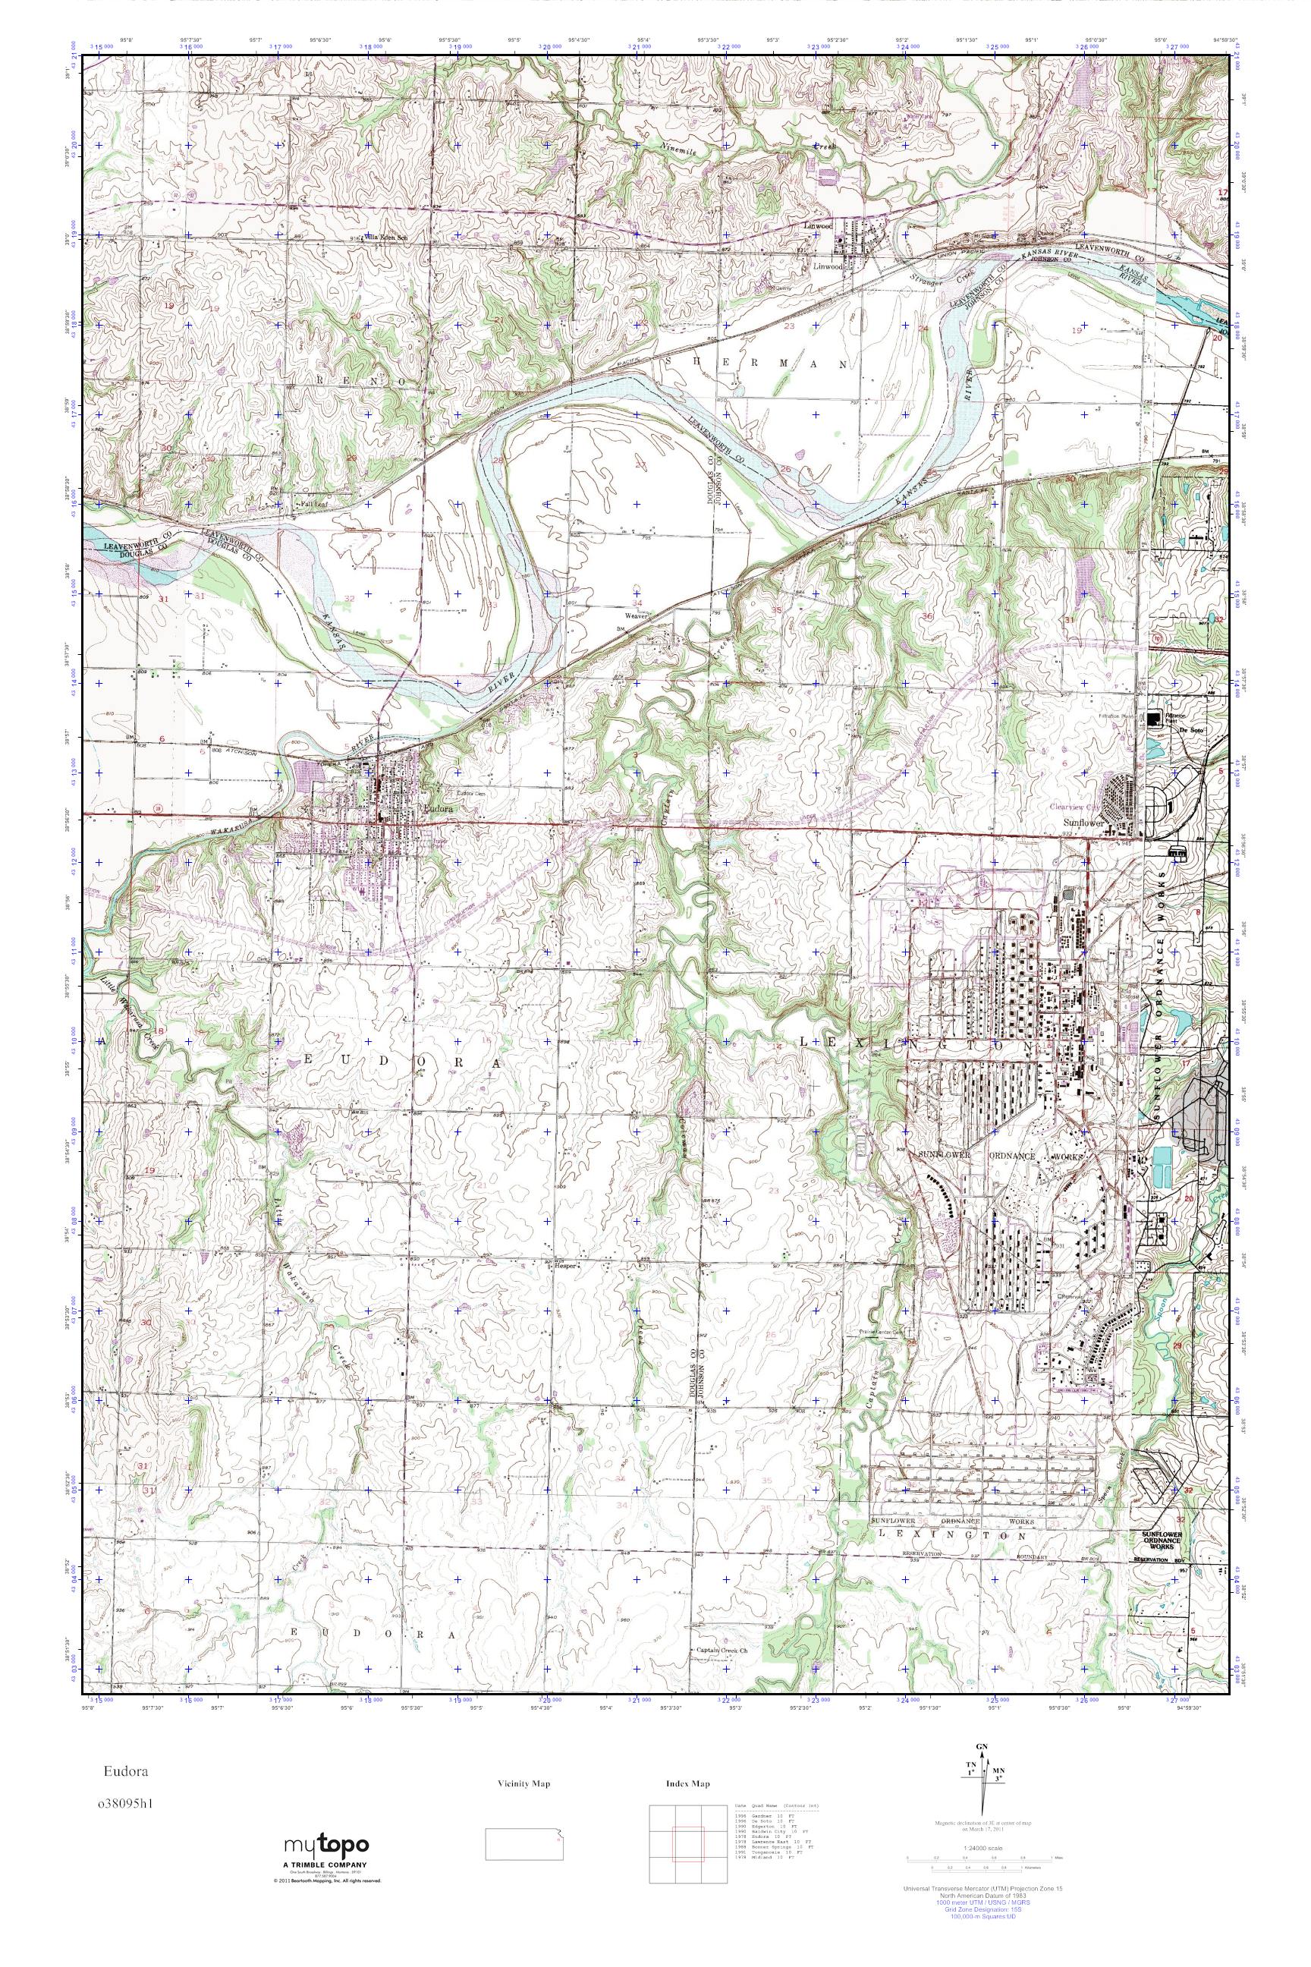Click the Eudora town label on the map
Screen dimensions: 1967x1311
pyautogui.click(x=438, y=810)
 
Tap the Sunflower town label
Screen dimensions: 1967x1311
pyautogui.click(x=1079, y=822)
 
